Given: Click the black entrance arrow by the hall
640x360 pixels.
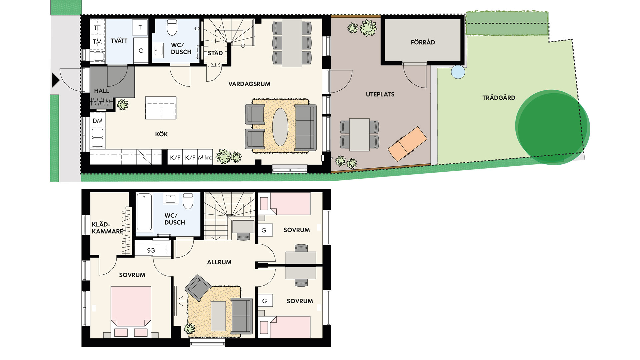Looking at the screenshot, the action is pos(55,80).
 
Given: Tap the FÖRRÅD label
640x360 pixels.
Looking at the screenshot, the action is pos(423,42).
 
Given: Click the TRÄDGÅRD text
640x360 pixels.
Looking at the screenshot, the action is pos(499,98).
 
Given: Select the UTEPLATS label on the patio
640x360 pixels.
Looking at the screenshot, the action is pos(380,94).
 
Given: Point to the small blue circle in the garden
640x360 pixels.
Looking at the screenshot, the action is pos(458,72).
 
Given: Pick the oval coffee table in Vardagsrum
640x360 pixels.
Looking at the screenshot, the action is pos(280,127).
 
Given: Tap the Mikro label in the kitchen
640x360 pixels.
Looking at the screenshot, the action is pos(205,157).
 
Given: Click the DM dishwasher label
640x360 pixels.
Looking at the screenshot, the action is pos(98,121).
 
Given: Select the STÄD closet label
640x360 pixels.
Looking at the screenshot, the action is pos(215,53).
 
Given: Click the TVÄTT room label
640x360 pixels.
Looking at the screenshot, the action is pos(119,41).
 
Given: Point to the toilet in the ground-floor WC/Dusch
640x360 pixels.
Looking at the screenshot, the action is pos(172,27).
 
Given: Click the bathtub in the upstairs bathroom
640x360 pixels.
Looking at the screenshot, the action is pos(144,212).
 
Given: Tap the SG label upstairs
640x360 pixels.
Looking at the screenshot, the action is pos(151,250).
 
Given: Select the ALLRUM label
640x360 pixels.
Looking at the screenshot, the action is pos(219,262).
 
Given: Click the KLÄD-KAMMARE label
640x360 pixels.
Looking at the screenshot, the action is pos(107,228).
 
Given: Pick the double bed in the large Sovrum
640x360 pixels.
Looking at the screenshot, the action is pos(131,312).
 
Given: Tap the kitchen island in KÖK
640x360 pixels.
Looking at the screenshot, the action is pos(161,108).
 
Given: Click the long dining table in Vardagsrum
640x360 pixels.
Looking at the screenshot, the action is pos(292,43).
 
